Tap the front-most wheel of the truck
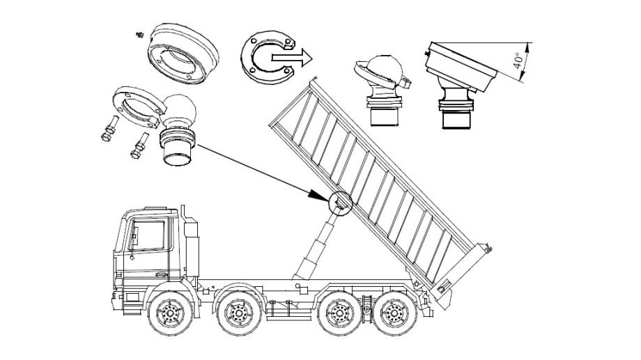169,313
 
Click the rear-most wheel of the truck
394,313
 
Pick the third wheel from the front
339,313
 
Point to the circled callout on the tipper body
340,203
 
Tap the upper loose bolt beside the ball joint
110,128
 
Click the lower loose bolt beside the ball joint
139,146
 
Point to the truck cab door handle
132,258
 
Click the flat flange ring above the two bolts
139,107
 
